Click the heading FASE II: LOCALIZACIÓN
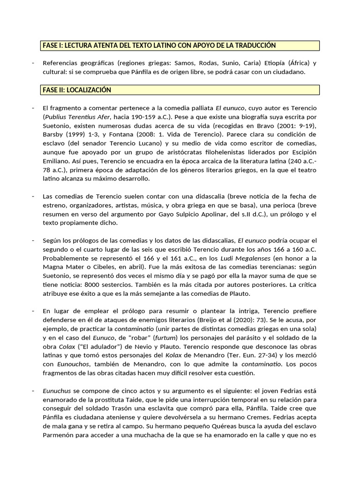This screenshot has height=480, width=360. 77,90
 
